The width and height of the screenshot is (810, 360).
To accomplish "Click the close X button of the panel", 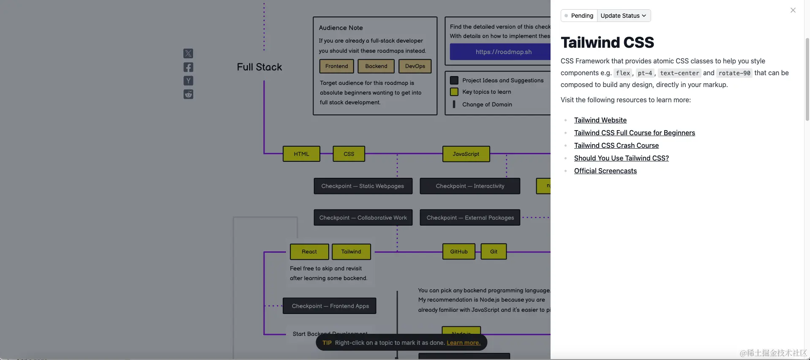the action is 793,10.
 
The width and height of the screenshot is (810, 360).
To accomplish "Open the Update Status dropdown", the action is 623,16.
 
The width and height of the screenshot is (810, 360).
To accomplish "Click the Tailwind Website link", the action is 600,120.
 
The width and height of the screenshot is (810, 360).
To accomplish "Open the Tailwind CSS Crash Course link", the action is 616,145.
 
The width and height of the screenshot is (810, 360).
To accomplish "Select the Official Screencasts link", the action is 605,171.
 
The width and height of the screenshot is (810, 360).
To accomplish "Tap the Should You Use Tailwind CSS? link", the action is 621,158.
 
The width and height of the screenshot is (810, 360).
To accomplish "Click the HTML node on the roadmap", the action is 301,154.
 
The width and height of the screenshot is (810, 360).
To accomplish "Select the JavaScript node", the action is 466,154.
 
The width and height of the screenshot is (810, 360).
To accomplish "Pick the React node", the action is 309,251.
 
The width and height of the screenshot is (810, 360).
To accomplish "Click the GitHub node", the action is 458,251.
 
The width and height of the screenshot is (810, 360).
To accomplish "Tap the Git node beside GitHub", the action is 494,251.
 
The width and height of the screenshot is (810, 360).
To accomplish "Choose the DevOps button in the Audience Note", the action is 415,66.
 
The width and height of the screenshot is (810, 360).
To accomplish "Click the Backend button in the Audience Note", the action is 376,66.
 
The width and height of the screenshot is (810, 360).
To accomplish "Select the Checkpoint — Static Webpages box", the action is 363,186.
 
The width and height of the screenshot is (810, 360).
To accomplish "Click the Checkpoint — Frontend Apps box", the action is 330,306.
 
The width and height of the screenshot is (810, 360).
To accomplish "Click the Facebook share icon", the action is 188,67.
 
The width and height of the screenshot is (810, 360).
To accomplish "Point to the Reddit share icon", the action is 188,94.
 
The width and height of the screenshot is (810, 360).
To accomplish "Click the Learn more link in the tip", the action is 464,343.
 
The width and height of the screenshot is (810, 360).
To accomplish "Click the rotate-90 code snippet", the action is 734,73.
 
